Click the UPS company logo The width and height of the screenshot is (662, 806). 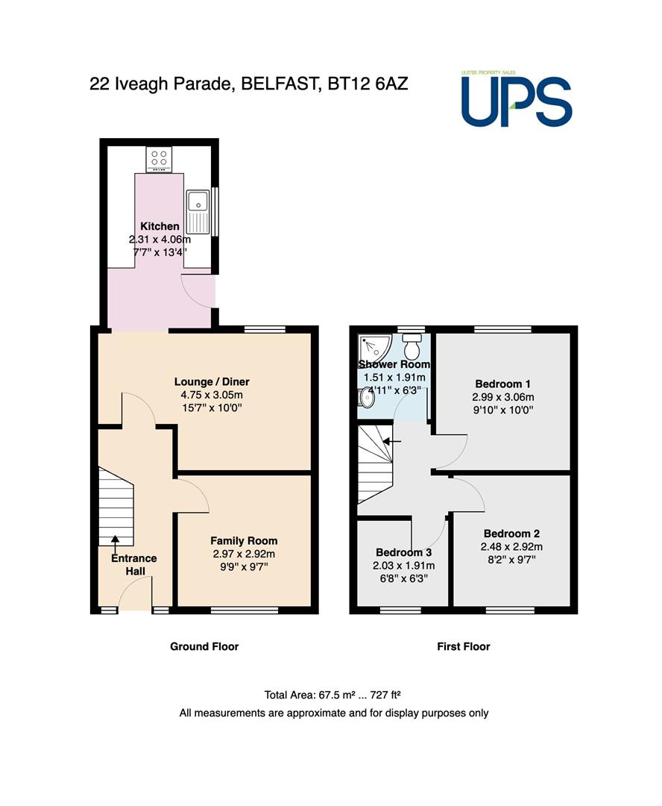(x=516, y=99)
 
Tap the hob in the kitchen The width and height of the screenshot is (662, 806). (x=159, y=160)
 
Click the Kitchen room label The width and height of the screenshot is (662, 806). (x=160, y=226)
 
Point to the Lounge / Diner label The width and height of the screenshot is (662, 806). (x=212, y=382)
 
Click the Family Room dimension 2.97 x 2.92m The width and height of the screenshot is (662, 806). (x=244, y=554)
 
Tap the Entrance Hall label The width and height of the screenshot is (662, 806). (x=134, y=564)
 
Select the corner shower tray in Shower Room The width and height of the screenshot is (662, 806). (x=375, y=348)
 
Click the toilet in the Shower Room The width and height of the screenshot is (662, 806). (x=412, y=346)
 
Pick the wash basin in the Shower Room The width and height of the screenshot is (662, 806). (x=366, y=397)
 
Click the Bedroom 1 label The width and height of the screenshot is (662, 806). (x=502, y=384)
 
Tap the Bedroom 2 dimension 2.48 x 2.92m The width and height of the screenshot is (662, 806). (x=511, y=547)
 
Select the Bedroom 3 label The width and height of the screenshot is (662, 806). (x=403, y=552)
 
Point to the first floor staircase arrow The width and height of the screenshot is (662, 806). (x=392, y=441)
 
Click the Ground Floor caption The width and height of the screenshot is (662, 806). (x=204, y=646)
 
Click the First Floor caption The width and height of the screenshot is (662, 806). (x=463, y=646)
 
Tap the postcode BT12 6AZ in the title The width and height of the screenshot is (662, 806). (x=368, y=84)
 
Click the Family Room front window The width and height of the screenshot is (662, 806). (x=245, y=610)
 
